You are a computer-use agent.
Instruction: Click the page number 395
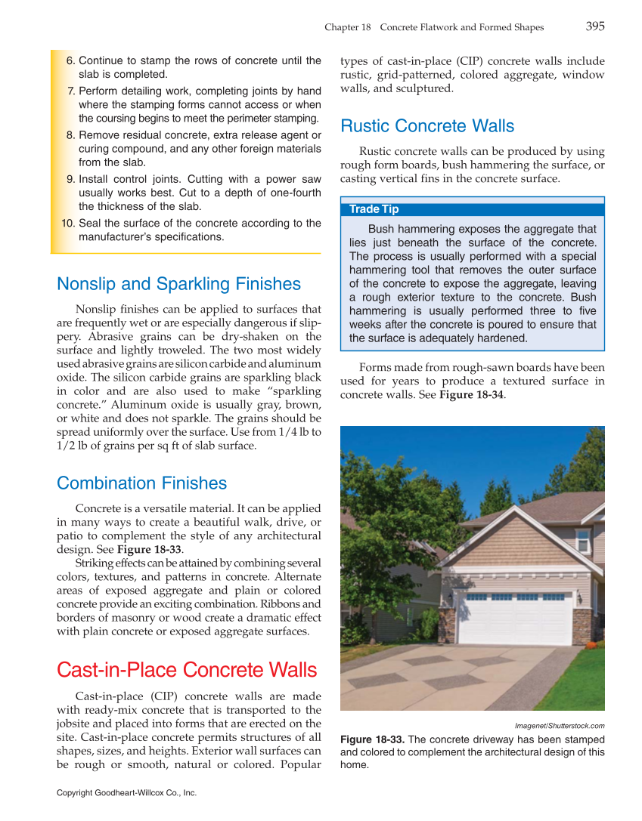(x=594, y=26)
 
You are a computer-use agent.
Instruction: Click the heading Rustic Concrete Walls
(x=427, y=126)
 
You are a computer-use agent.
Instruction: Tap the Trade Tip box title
(x=374, y=209)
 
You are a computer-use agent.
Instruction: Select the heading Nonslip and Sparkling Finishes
(x=178, y=284)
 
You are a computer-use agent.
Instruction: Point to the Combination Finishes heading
(x=141, y=483)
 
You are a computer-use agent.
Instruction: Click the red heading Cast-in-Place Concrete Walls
(x=187, y=670)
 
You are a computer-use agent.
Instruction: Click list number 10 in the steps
(x=67, y=223)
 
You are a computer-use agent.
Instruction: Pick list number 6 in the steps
(x=70, y=60)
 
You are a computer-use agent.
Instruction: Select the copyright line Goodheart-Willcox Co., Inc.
(x=126, y=793)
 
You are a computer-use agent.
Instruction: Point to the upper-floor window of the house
(x=582, y=540)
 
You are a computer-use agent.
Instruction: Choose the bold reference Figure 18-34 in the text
(x=471, y=395)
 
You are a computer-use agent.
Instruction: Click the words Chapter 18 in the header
(x=347, y=27)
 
